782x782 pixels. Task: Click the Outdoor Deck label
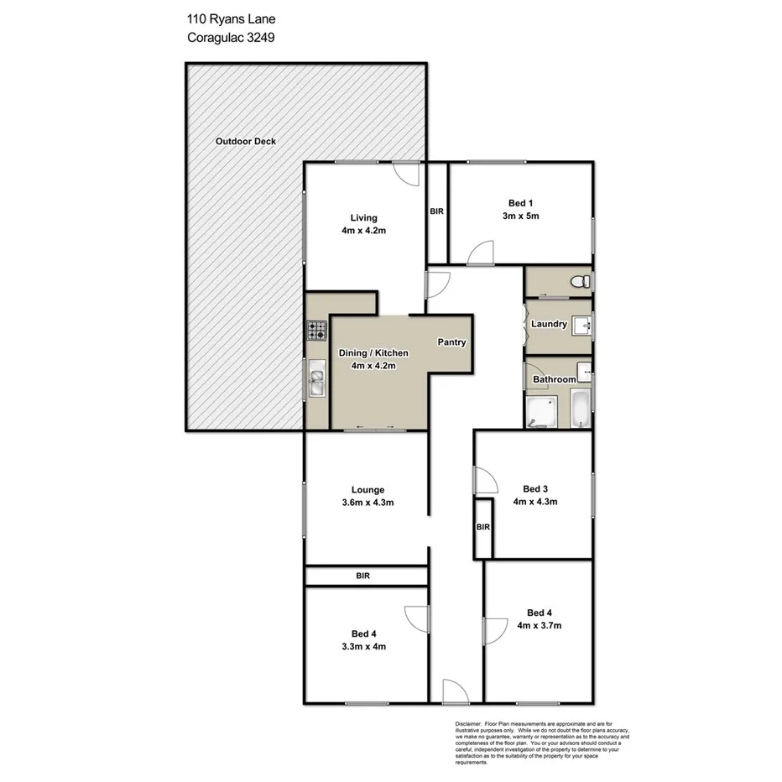[245, 142]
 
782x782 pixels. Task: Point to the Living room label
[364, 218]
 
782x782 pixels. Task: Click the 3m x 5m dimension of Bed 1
[519, 216]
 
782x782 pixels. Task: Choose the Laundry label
[549, 324]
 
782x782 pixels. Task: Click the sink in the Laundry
[583, 323]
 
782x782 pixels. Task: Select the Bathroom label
[554, 379]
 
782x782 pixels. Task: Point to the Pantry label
[451, 342]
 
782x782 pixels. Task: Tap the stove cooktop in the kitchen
[315, 331]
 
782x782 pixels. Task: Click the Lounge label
[368, 490]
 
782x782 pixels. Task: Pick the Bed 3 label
[535, 488]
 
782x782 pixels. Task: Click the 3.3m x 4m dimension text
[363, 646]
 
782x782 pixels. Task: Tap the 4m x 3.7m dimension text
[539, 625]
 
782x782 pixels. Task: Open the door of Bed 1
[482, 252]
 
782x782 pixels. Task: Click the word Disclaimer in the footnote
[468, 722]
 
